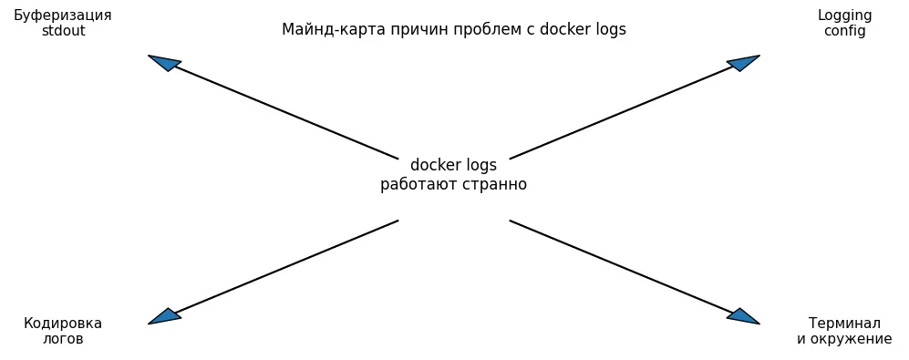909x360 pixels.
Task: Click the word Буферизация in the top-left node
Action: point(63,15)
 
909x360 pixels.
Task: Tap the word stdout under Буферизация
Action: point(63,31)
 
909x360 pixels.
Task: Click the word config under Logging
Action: point(844,31)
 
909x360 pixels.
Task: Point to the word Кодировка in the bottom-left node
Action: point(63,324)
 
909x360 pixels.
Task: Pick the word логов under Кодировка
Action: point(63,339)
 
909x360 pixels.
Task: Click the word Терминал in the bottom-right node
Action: point(844,324)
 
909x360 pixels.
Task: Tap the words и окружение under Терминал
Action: point(844,339)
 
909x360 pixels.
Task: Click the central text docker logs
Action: point(453,166)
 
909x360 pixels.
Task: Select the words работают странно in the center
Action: point(453,184)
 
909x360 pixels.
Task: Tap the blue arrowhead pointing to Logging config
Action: point(744,62)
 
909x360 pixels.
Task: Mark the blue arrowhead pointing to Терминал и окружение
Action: point(744,317)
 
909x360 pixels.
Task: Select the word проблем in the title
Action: point(459,29)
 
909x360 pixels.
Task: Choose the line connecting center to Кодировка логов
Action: point(287,266)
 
